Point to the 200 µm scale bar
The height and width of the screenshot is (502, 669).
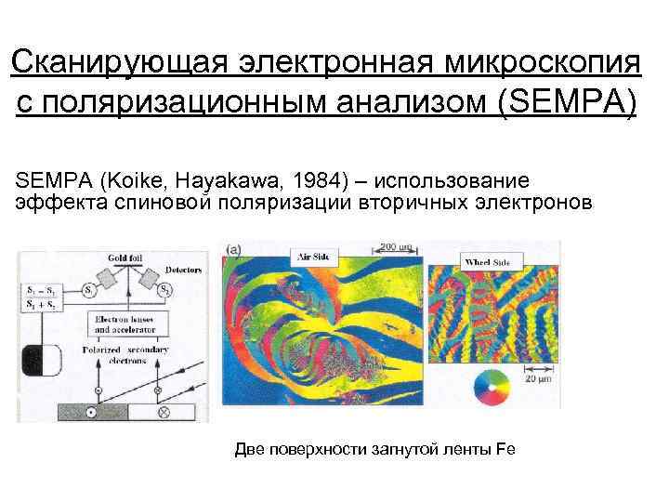pyautogui.click(x=397, y=249)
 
